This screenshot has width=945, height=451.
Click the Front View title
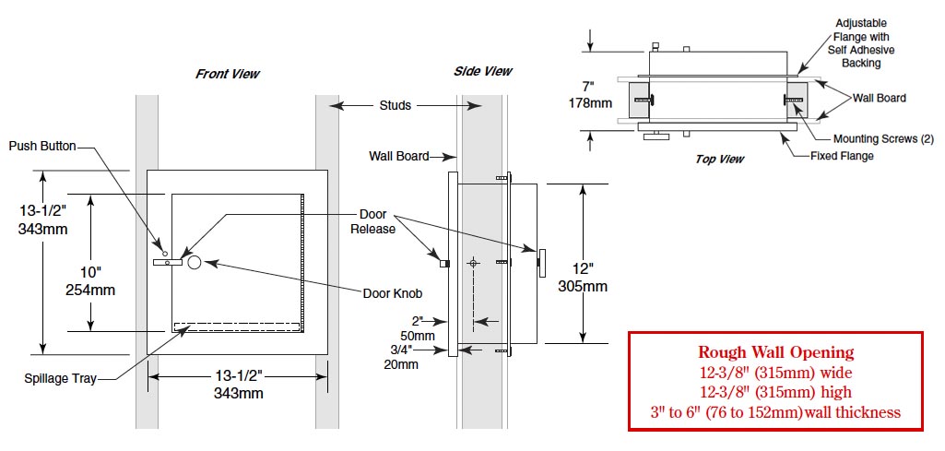(x=227, y=74)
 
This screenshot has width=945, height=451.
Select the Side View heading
(x=483, y=71)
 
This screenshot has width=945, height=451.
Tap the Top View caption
(x=720, y=160)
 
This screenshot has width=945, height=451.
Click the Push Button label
(x=42, y=146)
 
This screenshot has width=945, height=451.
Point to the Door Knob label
(x=393, y=293)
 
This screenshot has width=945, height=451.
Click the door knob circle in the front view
(x=195, y=262)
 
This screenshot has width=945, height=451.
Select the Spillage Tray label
(x=60, y=379)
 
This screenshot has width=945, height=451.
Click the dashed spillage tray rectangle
(x=237, y=327)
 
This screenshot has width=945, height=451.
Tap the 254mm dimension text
(x=89, y=290)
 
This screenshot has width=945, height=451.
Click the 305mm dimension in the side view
(x=582, y=286)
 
